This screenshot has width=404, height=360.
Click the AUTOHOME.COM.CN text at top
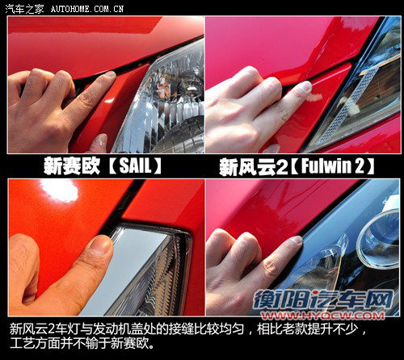pos(87,8)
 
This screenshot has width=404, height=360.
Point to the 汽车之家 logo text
pos(23,8)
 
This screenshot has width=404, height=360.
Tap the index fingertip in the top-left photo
pos(105,78)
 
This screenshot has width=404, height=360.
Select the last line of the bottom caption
pos(80,345)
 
